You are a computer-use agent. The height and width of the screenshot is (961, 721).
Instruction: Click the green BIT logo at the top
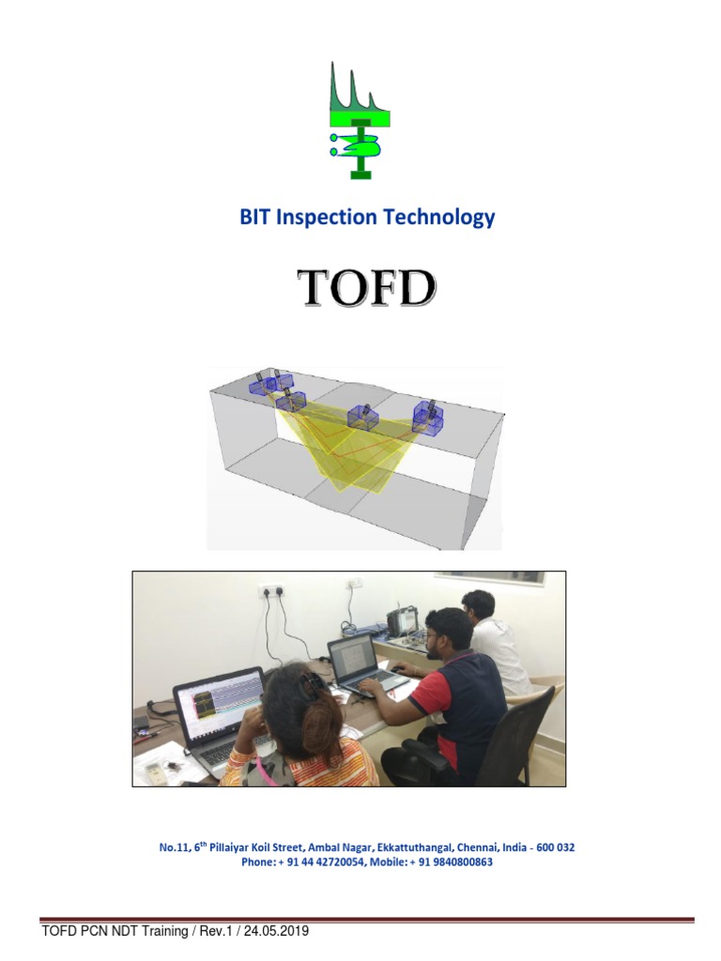360,120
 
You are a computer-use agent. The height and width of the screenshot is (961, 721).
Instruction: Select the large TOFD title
365,288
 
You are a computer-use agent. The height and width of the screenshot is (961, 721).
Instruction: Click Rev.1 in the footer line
210,931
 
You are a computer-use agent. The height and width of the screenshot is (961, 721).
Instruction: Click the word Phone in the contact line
256,862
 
